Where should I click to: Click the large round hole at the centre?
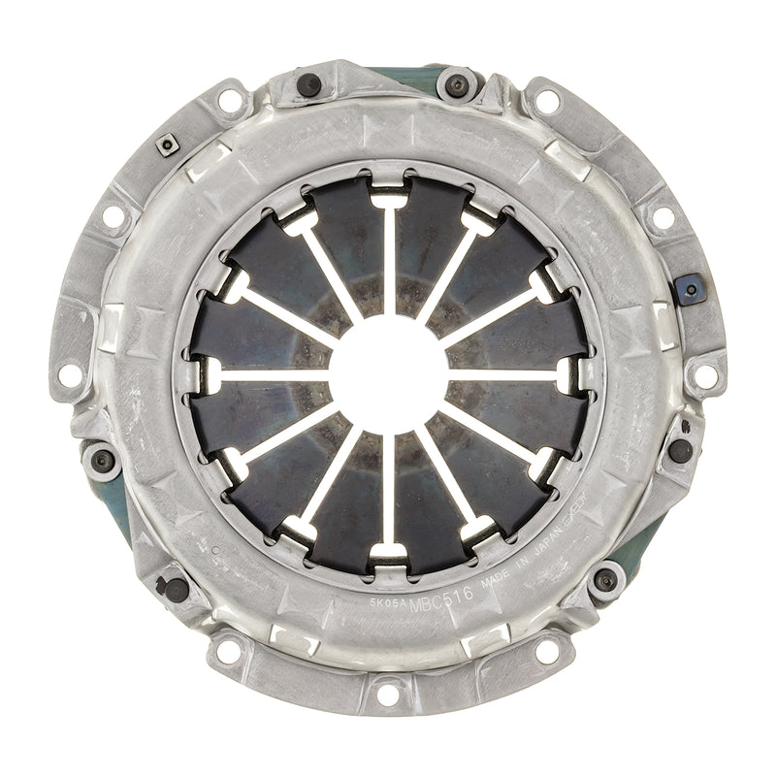[x=388, y=374]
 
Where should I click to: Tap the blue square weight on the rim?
[x=690, y=288]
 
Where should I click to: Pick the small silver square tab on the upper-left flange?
[x=168, y=145]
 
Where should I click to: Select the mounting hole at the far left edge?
[x=70, y=373]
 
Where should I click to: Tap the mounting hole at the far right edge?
[x=707, y=374]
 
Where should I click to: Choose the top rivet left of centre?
[x=308, y=85]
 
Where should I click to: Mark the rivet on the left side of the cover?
[x=103, y=461]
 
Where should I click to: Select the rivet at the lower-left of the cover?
[x=176, y=588]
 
